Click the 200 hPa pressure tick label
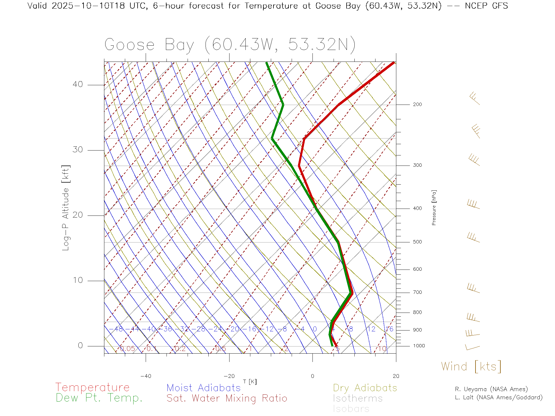click(417, 105)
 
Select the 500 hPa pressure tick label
click(417, 242)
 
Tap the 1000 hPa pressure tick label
click(419, 346)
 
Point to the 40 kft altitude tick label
click(77, 84)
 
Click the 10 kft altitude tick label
click(77, 280)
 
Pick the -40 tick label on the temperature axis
click(146, 376)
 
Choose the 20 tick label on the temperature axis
click(396, 376)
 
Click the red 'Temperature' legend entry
click(92, 387)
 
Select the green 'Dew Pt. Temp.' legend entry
click(99, 398)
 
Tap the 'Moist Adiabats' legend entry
click(203, 388)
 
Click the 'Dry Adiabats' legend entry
click(365, 388)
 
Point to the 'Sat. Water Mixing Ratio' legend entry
click(227, 398)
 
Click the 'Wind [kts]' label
click(471, 367)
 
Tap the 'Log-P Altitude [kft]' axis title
click(66, 208)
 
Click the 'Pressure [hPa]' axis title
click(434, 207)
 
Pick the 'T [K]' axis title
click(250, 382)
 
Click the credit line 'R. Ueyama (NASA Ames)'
click(491, 389)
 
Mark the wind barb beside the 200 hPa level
click(474, 98)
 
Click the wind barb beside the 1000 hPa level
click(472, 347)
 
